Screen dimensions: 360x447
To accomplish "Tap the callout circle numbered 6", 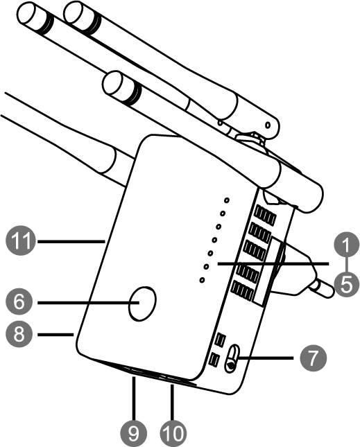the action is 19,302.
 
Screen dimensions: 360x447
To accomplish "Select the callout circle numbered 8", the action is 19,334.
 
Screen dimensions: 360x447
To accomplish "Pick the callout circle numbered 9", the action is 133,434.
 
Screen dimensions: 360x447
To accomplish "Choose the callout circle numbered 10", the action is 173,434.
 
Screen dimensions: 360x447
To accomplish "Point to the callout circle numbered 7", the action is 313,358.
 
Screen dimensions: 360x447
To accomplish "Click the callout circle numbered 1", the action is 346,245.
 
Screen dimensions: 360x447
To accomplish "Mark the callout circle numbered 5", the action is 346,285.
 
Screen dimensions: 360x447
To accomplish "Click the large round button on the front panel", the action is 142,304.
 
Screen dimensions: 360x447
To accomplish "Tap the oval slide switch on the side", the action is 232,358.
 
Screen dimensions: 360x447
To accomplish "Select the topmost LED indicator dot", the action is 227,200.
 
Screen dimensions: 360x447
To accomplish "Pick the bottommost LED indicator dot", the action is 202,280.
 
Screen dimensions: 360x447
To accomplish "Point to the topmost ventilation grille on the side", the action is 266,215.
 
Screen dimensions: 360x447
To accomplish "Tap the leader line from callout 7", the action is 266,358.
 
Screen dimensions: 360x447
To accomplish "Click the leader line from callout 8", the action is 55,334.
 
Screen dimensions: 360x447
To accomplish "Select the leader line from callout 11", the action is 71,242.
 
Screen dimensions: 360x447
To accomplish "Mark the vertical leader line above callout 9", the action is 133,398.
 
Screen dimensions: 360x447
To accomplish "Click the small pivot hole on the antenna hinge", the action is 268,125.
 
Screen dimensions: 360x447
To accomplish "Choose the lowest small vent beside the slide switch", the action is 214,360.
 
